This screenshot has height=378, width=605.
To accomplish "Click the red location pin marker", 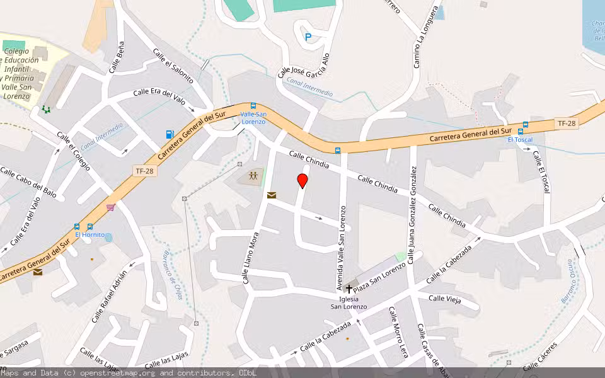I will click(x=302, y=181).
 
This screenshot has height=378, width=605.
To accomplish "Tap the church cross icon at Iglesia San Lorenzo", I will click(x=349, y=288).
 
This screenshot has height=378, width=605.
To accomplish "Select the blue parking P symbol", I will click(x=308, y=37).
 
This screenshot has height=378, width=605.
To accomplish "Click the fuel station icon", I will click(x=169, y=134).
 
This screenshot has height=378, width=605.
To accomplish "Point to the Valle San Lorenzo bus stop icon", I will click(x=253, y=106).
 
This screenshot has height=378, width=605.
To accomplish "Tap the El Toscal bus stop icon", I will click(x=525, y=125).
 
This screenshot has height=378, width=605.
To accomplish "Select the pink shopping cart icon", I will click(x=111, y=207).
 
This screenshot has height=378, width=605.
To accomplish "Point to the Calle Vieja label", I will click(x=444, y=299).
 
